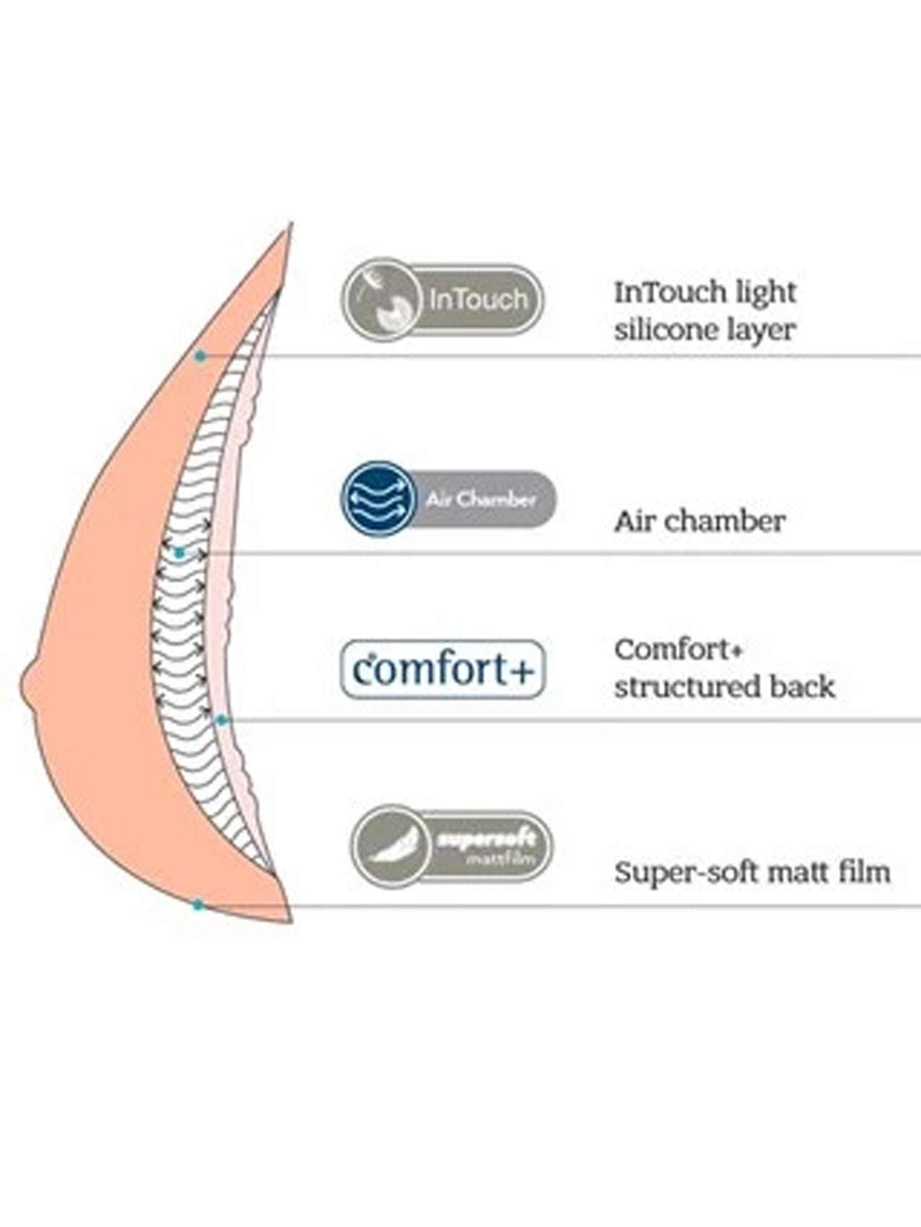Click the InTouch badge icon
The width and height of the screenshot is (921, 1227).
(442, 299)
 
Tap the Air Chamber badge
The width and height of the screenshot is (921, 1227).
(448, 499)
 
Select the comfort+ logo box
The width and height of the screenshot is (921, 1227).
(443, 669)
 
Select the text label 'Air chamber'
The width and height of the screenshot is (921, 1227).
(700, 522)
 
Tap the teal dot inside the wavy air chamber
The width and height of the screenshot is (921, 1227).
(179, 552)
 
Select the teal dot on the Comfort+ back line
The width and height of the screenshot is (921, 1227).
(221, 720)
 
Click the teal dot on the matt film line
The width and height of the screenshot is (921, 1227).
(198, 905)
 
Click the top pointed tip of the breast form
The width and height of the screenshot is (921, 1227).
(290, 223)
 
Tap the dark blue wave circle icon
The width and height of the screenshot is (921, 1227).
(379, 499)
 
